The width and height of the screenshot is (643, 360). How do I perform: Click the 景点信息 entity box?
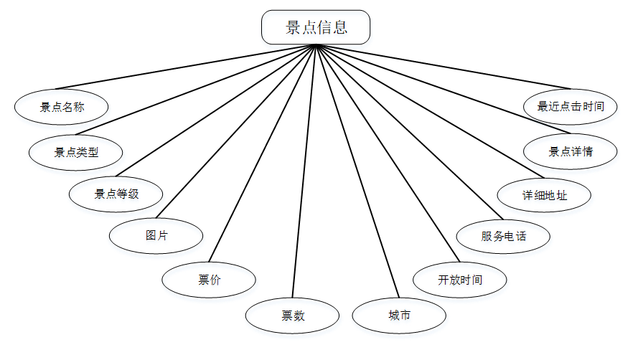[316, 27]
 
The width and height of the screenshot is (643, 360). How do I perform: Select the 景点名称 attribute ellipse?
[61, 107]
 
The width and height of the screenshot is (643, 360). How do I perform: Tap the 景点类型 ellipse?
[75, 152]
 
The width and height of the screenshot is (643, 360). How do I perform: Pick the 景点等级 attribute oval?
[116, 194]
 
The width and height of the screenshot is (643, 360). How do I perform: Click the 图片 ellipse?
[156, 235]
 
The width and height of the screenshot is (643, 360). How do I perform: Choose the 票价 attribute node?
[209, 280]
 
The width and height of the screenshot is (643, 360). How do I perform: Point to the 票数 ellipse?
[292, 316]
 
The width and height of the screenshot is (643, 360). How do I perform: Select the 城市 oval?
[399, 316]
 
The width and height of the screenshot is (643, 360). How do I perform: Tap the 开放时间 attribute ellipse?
[460, 280]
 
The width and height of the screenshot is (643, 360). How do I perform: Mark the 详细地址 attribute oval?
[545, 194]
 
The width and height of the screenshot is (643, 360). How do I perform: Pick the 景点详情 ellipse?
[571, 152]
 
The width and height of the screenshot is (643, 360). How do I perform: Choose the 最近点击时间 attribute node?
[571, 107]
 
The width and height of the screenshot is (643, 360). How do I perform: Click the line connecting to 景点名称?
[188, 67]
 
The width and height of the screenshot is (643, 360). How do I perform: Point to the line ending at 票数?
[304, 172]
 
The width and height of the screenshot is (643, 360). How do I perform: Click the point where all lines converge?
[316, 45]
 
